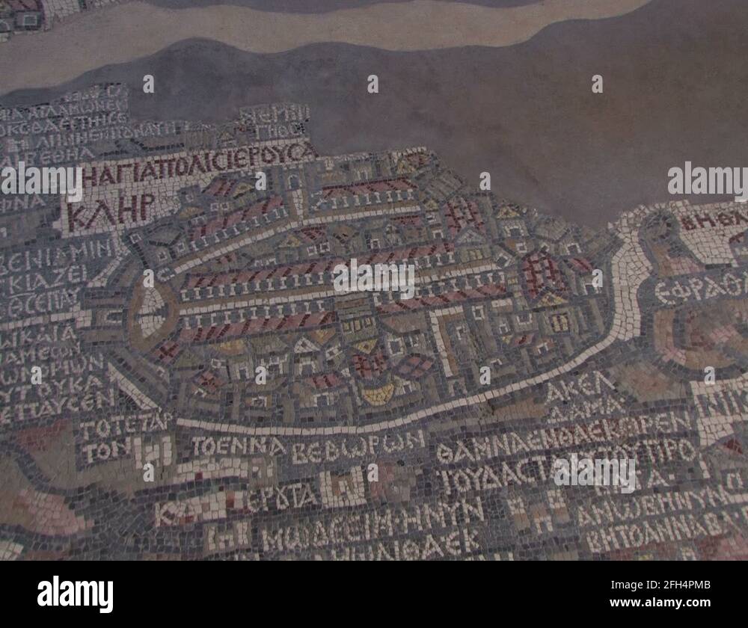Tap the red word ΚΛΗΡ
click(x=111, y=211)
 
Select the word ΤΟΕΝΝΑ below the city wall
click(x=238, y=446)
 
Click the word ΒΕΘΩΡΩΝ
click(x=358, y=449)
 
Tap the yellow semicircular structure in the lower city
click(x=378, y=393)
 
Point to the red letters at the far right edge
click(x=714, y=220)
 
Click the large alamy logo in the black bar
click(x=75, y=594)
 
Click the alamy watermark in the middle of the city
click(x=374, y=278)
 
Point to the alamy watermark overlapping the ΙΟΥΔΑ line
click(x=595, y=472)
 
